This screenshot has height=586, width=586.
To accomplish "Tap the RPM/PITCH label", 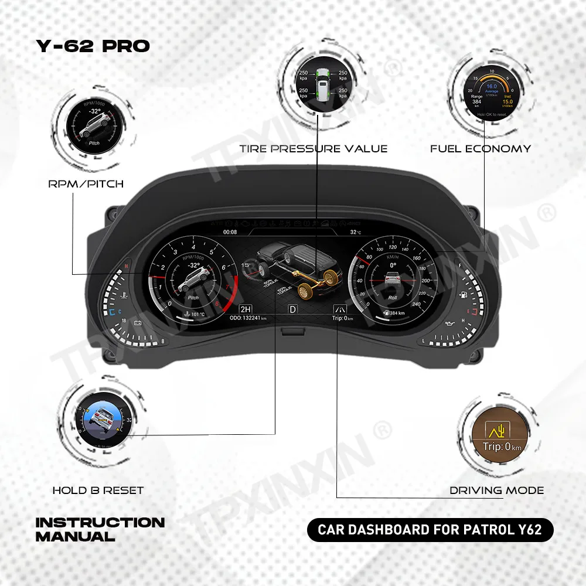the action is (x=86, y=184).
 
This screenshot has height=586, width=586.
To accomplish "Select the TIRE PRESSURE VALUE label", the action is (x=313, y=149).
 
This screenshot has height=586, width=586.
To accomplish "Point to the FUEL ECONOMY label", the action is (x=481, y=149).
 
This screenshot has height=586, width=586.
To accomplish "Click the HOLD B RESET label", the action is (x=98, y=490).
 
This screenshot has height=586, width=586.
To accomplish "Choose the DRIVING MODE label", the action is (x=497, y=490).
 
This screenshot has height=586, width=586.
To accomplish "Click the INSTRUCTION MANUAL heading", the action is (x=100, y=529).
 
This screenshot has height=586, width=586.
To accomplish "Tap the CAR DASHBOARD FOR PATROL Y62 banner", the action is (x=430, y=530).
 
